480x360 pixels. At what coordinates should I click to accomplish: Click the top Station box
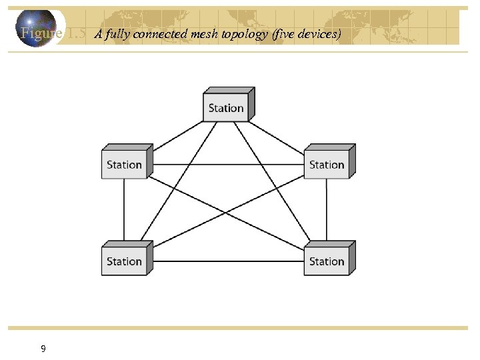(226, 108)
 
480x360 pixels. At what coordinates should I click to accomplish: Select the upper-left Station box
(125, 165)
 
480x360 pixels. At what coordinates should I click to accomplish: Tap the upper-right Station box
(327, 165)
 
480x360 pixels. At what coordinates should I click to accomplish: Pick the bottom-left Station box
(125, 261)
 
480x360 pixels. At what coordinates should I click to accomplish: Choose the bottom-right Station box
(327, 261)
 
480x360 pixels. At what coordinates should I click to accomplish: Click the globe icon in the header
(36, 28)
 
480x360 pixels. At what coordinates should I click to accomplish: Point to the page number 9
(43, 349)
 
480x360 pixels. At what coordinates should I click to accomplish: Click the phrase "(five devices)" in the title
(307, 35)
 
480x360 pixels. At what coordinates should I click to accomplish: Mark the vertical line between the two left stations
(125, 212)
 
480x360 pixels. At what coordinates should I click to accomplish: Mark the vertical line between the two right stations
(327, 212)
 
